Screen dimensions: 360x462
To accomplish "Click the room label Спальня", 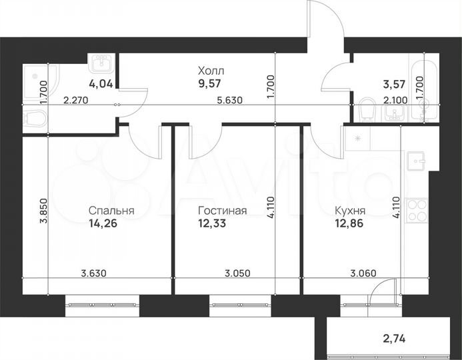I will (112, 211).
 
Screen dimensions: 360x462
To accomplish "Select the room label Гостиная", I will (223, 211).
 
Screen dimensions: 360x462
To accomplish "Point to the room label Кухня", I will (350, 211).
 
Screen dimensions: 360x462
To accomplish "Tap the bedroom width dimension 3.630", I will (93, 272).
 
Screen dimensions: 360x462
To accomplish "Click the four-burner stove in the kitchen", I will (417, 211).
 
